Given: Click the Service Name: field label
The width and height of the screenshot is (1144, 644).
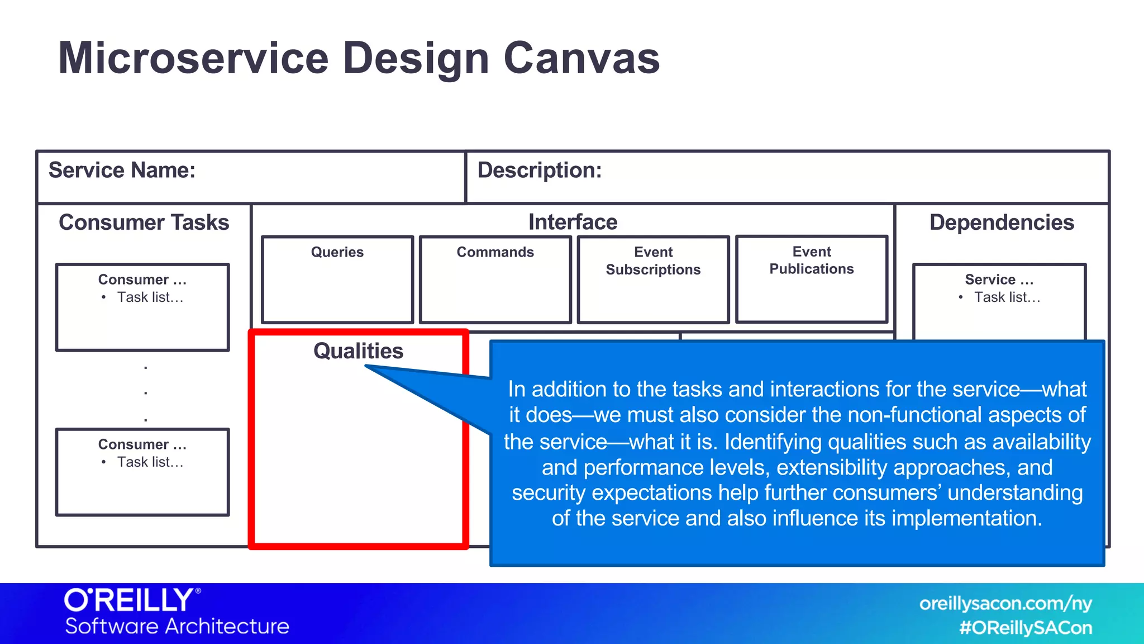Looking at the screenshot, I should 122,171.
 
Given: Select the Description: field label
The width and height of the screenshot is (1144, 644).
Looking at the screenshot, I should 539,171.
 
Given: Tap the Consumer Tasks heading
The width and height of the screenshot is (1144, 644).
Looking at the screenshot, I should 144,222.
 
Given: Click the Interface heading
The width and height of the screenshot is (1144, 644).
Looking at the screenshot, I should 573,222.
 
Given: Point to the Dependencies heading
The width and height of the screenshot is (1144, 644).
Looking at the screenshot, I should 1002,222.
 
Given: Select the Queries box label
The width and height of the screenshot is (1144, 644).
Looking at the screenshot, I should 337,252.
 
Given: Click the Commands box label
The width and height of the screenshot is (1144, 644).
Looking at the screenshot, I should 495,252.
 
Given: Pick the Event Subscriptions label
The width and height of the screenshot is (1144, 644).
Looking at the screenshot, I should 653,261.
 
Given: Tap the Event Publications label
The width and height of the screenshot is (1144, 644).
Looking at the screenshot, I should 811,261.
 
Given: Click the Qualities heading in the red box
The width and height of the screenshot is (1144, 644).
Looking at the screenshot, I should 358,351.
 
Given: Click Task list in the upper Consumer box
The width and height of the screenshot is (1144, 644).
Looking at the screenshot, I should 150,297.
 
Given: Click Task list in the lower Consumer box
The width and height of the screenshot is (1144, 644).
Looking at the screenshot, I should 150,462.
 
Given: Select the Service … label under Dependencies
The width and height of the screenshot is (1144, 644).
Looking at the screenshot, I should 999,280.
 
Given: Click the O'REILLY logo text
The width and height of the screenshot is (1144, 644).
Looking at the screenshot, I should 130,600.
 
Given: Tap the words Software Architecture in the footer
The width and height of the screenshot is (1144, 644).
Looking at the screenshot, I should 177,626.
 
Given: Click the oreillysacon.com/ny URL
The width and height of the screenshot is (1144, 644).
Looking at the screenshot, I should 1005,604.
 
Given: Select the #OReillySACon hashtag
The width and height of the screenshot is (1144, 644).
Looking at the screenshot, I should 1026,628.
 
